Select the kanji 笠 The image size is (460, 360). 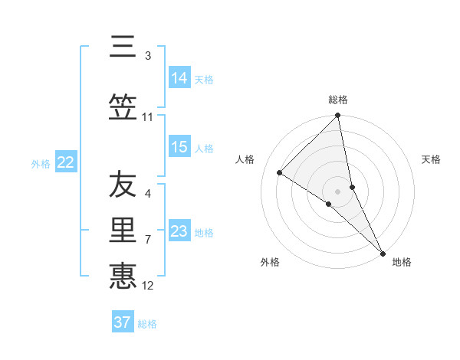pyautogui.click(x=123, y=106)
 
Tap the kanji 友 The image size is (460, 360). pyautogui.click(x=123, y=185)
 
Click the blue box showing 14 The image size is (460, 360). pyautogui.click(x=179, y=78)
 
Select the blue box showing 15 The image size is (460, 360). pyautogui.click(x=179, y=147)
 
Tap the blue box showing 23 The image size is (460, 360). pyautogui.click(x=179, y=231)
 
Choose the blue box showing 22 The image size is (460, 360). pyautogui.click(x=66, y=162)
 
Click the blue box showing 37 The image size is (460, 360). pyautogui.click(x=123, y=322)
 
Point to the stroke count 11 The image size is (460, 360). pyautogui.click(x=148, y=117)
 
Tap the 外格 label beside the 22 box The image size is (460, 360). pyautogui.click(x=41, y=163)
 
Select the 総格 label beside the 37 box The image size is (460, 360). pyautogui.click(x=147, y=324)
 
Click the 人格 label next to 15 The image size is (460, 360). pyautogui.click(x=204, y=148)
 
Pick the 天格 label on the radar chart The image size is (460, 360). pyautogui.click(x=432, y=159)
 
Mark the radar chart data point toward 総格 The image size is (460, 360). pyautogui.click(x=338, y=116)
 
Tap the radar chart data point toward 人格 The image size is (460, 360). pyautogui.click(x=280, y=172)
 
